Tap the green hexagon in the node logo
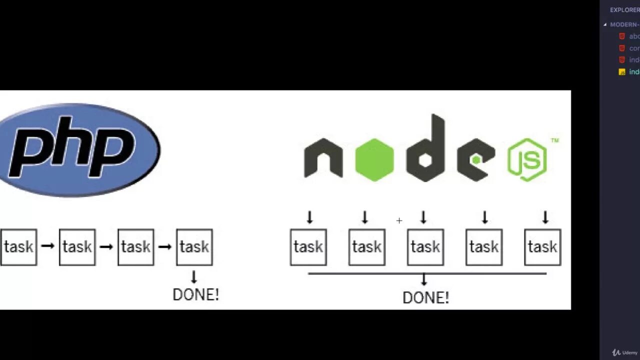(374, 159)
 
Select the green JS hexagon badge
(527, 159)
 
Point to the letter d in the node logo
(426, 150)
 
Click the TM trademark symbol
(554, 141)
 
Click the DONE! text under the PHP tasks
(195, 294)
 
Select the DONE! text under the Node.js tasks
(425, 298)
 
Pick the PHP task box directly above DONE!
(194, 247)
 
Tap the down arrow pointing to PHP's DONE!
(194, 276)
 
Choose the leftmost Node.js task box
(308, 247)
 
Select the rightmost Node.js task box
(542, 247)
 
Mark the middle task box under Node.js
(425, 247)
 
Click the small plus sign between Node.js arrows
(399, 220)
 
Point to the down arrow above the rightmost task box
(545, 217)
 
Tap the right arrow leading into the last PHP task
(165, 246)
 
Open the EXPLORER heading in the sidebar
(624, 10)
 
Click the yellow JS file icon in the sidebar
(622, 72)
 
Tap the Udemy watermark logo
(625, 352)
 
